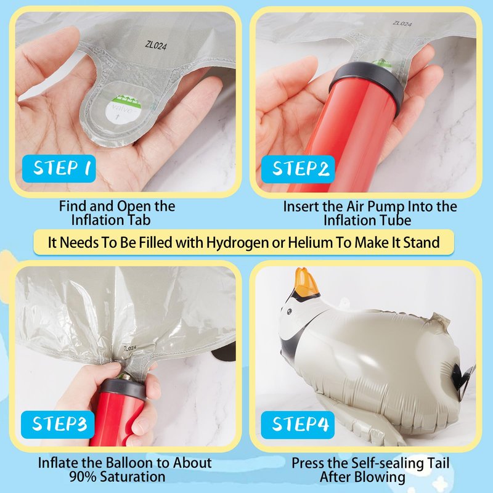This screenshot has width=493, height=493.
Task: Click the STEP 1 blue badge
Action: [59, 168]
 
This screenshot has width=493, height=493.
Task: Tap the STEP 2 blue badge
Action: [298, 169]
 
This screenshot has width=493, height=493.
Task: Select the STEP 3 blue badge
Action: [57, 425]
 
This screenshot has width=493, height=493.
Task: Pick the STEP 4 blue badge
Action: [298, 425]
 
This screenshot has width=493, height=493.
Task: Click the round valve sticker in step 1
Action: [123, 109]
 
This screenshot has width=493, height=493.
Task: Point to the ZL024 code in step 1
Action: [156, 45]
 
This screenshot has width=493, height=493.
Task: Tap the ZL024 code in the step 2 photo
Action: [402, 23]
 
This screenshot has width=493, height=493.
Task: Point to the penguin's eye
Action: [289, 312]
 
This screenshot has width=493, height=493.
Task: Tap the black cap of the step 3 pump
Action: [123, 389]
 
